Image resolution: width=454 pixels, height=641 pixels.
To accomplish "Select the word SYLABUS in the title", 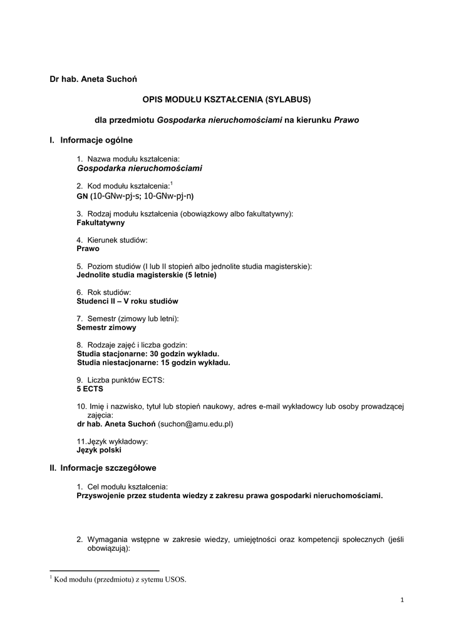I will click(287, 99).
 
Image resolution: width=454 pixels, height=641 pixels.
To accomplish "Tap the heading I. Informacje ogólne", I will click(91, 140).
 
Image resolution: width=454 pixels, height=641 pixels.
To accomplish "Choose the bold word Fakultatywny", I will click(100, 222).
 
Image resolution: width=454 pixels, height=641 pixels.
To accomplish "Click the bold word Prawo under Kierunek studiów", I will click(88, 249).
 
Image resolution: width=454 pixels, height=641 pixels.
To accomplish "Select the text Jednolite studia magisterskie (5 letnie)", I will click(147, 275).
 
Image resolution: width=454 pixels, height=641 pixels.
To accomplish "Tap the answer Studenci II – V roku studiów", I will click(127, 301).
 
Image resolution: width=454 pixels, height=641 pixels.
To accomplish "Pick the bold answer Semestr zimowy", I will click(106, 327).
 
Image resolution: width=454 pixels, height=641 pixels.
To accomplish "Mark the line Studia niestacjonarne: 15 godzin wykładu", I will click(154, 362).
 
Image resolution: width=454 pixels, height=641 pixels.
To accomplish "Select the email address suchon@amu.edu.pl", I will click(195, 424).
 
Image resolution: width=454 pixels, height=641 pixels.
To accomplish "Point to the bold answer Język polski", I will click(99, 449).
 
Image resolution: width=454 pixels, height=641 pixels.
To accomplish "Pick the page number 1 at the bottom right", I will click(402, 602).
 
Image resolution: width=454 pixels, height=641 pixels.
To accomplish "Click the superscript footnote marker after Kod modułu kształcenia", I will click(172, 183).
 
